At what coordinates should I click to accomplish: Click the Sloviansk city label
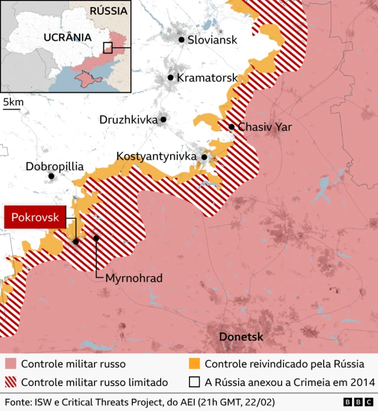[x=212, y=40]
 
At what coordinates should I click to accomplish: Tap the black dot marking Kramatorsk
[x=171, y=77]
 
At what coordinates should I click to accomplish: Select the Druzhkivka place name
[x=129, y=119]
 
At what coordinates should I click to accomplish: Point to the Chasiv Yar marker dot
[x=232, y=127]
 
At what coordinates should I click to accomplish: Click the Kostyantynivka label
[x=157, y=157]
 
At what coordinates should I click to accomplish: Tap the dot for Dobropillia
[x=51, y=176]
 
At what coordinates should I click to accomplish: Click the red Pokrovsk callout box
[x=35, y=218]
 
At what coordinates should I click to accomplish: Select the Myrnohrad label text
[x=133, y=278]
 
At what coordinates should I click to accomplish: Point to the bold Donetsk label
[x=241, y=337]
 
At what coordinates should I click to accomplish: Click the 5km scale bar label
[x=13, y=102]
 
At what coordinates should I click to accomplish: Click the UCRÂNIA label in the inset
[x=67, y=37]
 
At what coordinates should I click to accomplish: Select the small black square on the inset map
[x=107, y=48]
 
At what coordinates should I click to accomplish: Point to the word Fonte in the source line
[x=18, y=402]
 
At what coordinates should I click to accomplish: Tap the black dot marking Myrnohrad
[x=96, y=238]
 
